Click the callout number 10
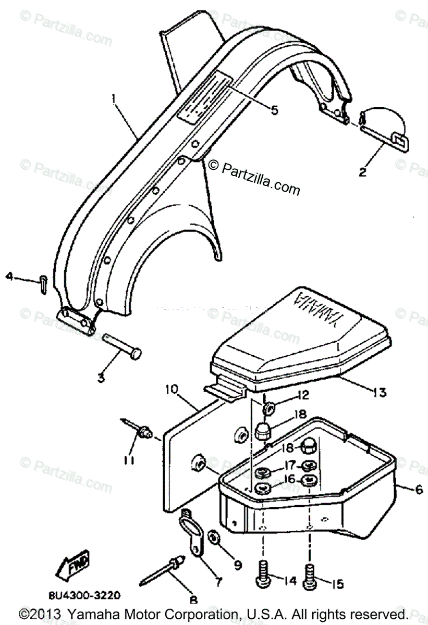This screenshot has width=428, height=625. point(173,389)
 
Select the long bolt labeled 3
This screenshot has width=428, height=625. point(122,346)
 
